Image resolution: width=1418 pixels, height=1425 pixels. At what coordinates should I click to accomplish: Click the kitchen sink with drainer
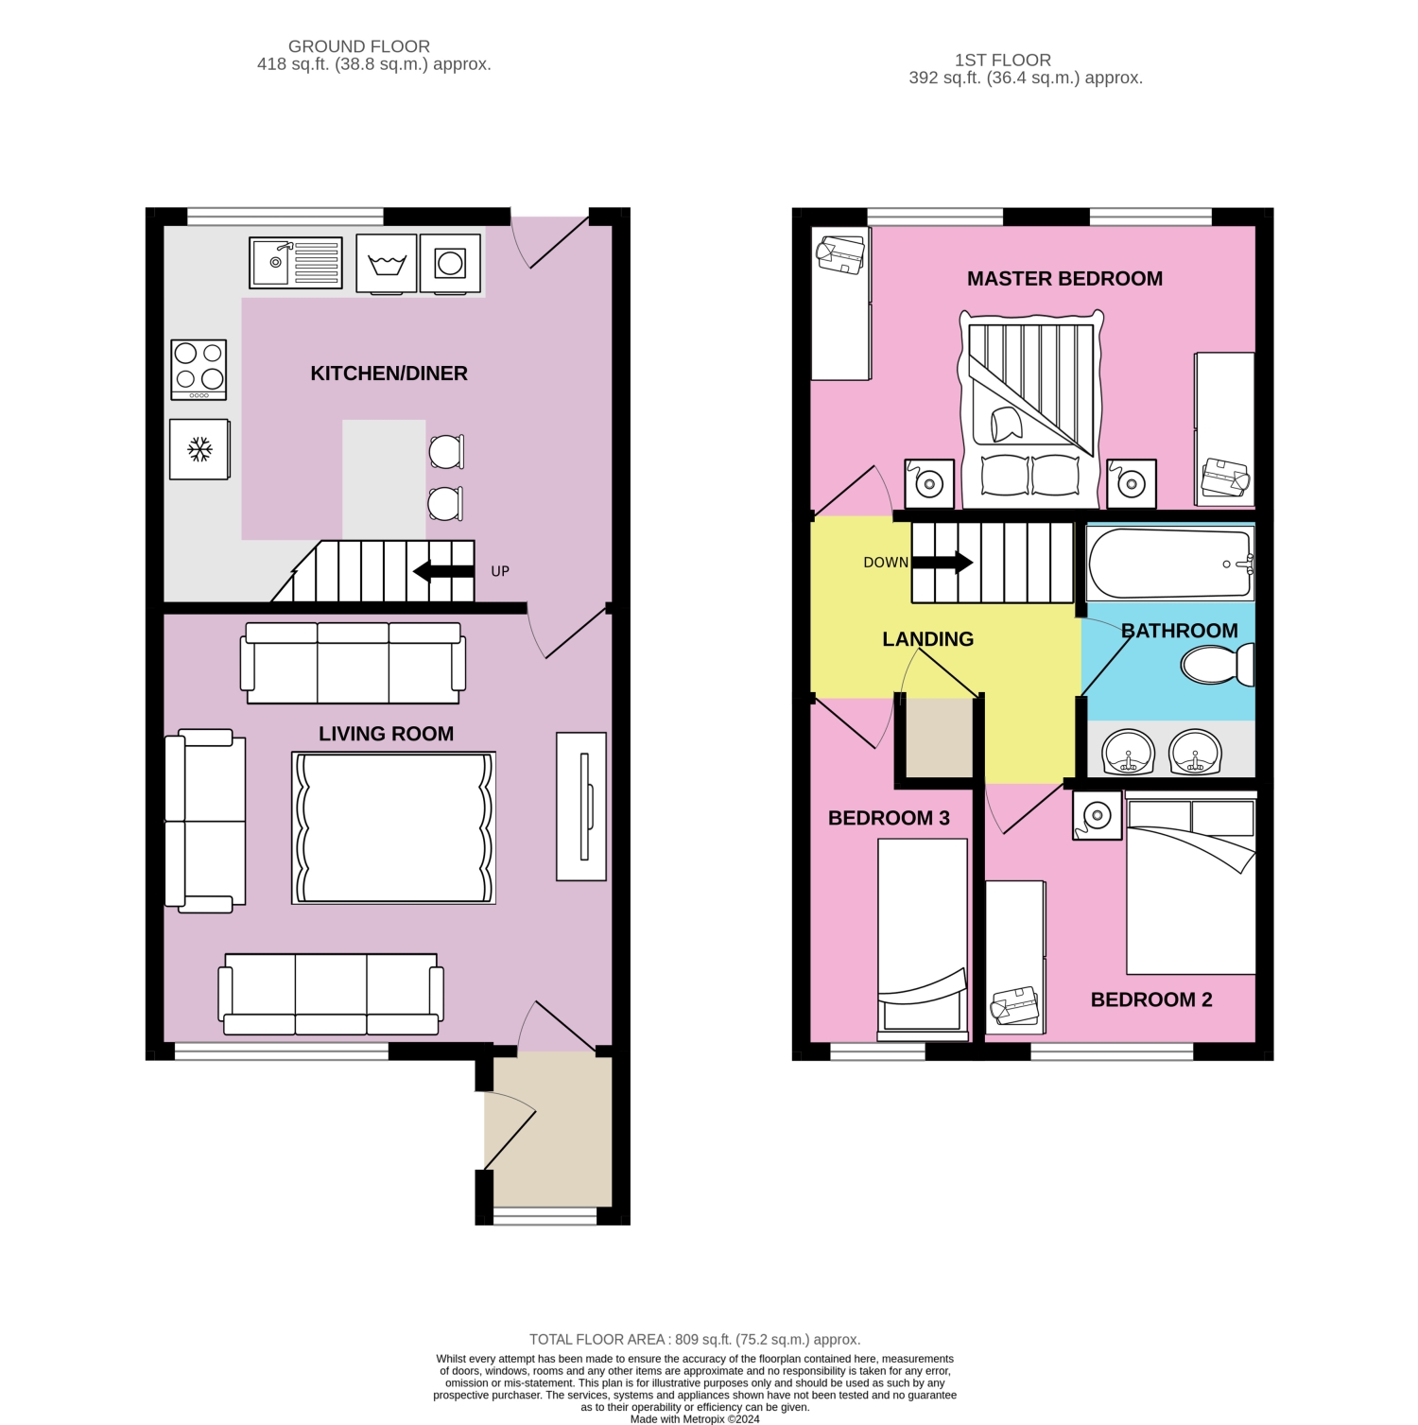tap(296, 262)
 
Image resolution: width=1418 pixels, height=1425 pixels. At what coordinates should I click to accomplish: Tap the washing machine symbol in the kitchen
tap(387, 263)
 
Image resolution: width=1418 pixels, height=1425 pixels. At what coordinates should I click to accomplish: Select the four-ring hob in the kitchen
tap(199, 369)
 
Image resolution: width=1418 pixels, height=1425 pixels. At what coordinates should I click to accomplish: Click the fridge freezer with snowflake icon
tap(199, 449)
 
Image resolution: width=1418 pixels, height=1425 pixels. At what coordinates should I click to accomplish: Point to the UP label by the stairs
tap(500, 571)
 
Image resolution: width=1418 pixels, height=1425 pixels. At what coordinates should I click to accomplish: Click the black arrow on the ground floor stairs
tap(444, 571)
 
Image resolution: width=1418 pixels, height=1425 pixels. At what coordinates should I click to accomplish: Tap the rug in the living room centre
tap(393, 827)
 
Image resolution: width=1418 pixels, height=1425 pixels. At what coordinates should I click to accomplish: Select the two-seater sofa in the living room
tap(205, 821)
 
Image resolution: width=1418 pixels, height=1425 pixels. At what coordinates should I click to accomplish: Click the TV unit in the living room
tap(581, 807)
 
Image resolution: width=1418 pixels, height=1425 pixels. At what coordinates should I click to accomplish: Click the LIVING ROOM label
tap(386, 734)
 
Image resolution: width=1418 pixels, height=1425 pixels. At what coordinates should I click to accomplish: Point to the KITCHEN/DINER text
tap(389, 374)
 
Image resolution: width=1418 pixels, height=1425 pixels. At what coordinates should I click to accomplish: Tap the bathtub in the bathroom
tap(1169, 563)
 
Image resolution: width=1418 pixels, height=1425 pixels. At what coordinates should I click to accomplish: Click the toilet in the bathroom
tap(1218, 664)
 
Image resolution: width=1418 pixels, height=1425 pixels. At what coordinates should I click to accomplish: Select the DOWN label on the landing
tap(886, 563)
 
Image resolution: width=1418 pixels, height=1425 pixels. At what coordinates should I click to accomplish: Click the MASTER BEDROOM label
tap(1064, 279)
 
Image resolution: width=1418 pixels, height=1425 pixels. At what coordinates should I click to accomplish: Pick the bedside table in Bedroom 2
tap(1098, 814)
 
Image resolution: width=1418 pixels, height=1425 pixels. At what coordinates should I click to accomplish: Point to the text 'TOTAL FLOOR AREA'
tap(598, 1339)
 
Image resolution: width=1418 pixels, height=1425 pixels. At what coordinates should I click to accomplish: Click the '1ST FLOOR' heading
tap(1002, 61)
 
